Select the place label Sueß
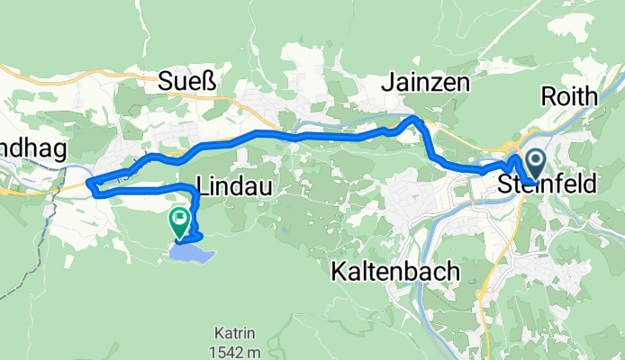pyautogui.click(x=188, y=83)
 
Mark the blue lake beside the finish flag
pyautogui.click(x=191, y=255)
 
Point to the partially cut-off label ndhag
pyautogui.click(x=33, y=152)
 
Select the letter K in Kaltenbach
pyautogui.click(x=339, y=270)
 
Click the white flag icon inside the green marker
pyautogui.click(x=179, y=217)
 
